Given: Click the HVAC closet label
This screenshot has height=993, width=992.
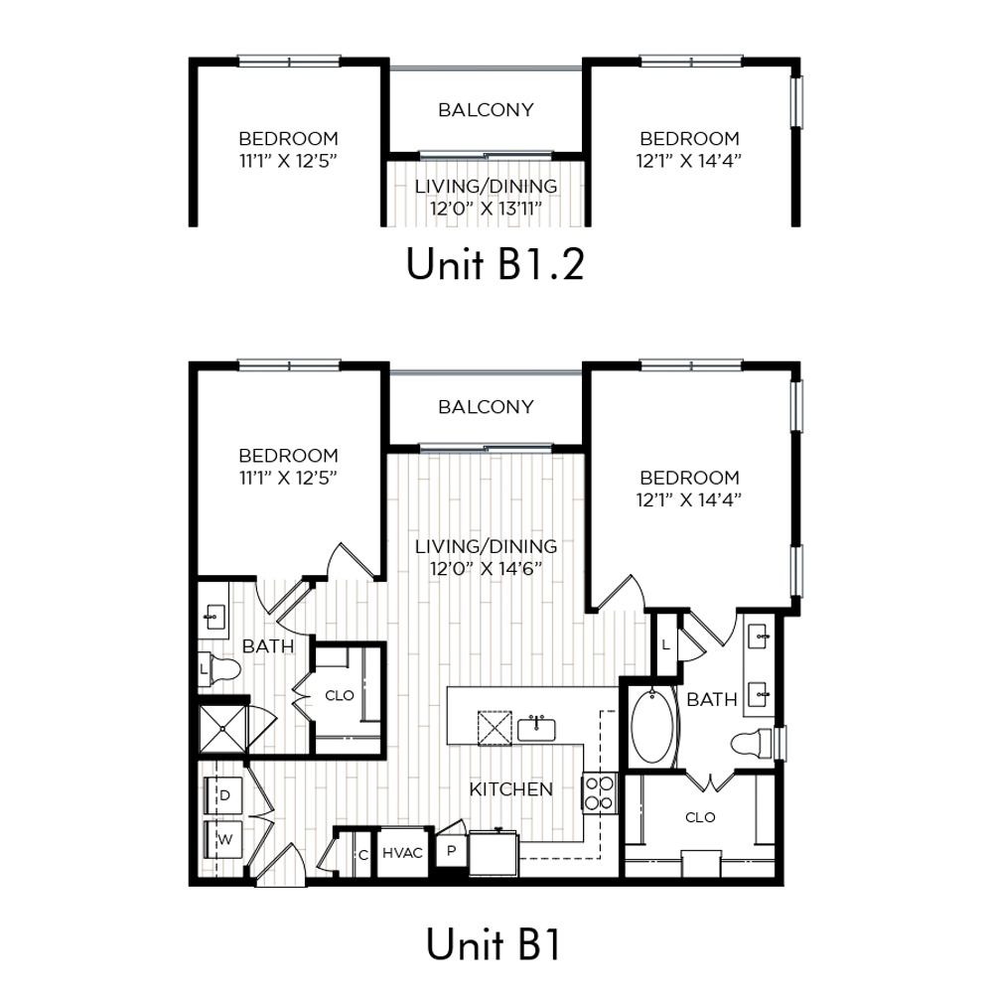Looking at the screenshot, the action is [x=402, y=853].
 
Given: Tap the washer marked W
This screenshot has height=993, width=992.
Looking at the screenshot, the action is [x=223, y=840].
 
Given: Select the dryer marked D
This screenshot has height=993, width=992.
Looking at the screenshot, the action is [x=223, y=795].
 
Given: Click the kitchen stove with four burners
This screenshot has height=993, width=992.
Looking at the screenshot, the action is [x=599, y=792].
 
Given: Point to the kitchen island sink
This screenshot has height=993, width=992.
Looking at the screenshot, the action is [x=536, y=729].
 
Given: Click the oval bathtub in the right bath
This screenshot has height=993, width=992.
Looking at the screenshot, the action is [x=653, y=727].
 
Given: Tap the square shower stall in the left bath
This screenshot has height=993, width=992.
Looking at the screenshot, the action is [x=222, y=729].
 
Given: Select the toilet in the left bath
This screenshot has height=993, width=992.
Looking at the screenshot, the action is [x=219, y=668].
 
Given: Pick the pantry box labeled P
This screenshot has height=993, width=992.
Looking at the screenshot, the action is [x=451, y=851].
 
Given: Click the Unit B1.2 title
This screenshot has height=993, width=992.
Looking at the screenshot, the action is [x=495, y=264].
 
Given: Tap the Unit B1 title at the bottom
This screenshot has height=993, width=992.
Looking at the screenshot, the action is [x=494, y=944].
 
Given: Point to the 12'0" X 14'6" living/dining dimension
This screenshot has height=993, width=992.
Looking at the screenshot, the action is [x=486, y=569].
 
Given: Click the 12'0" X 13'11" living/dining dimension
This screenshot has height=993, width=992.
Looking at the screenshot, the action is [x=486, y=209].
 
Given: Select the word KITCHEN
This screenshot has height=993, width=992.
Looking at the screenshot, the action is [x=510, y=789].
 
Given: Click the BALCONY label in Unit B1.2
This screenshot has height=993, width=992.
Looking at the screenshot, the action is [x=486, y=110].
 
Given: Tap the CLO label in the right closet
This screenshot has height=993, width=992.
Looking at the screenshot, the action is [x=700, y=817].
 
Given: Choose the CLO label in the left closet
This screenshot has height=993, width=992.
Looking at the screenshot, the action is [x=339, y=696].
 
